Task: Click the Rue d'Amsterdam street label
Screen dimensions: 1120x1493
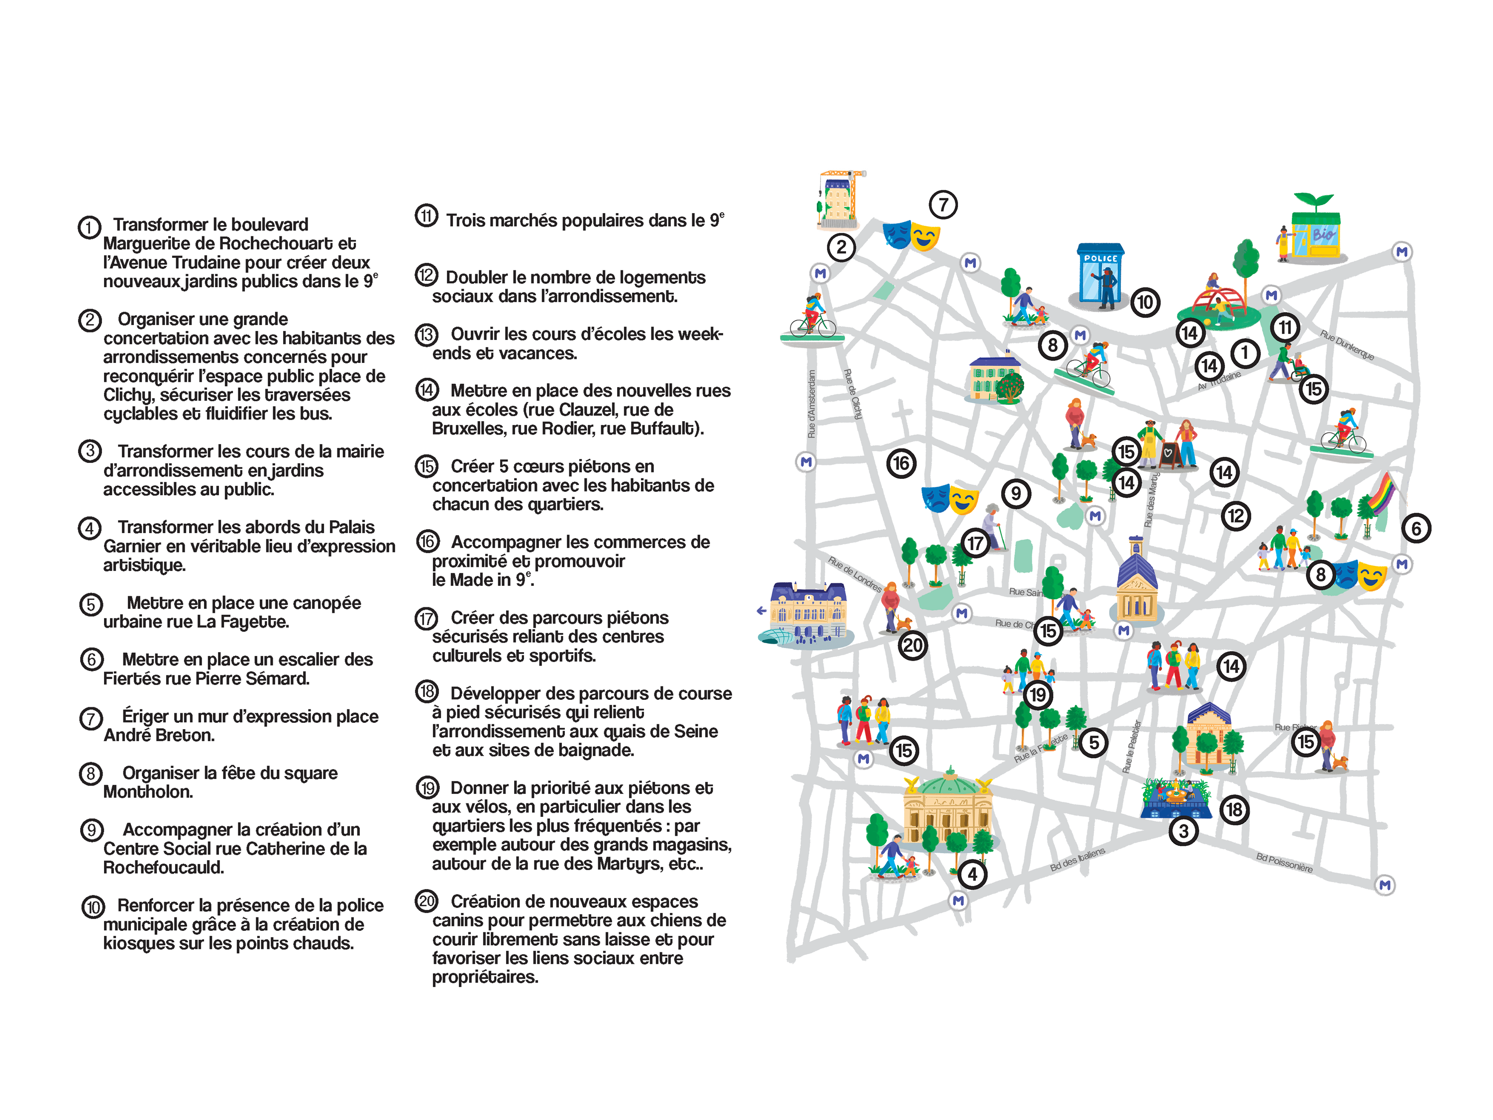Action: click(x=812, y=403)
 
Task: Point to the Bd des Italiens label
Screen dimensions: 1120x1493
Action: click(x=1077, y=859)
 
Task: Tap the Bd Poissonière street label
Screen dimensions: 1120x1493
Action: click(x=1284, y=863)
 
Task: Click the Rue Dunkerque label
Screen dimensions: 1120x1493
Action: click(x=1347, y=344)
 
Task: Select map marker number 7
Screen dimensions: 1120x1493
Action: click(x=943, y=205)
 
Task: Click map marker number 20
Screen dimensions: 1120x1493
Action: click(x=913, y=646)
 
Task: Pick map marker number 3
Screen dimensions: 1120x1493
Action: click(x=1183, y=831)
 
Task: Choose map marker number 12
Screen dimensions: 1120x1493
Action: click(x=1235, y=517)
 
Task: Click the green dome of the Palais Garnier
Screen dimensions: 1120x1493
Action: click(x=950, y=783)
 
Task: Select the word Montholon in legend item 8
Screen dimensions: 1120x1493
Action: click(x=148, y=792)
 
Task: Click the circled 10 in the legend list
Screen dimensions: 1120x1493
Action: click(x=93, y=906)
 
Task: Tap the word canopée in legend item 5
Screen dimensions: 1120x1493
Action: click(x=326, y=603)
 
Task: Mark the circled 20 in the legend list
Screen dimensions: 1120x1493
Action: click(x=427, y=901)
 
